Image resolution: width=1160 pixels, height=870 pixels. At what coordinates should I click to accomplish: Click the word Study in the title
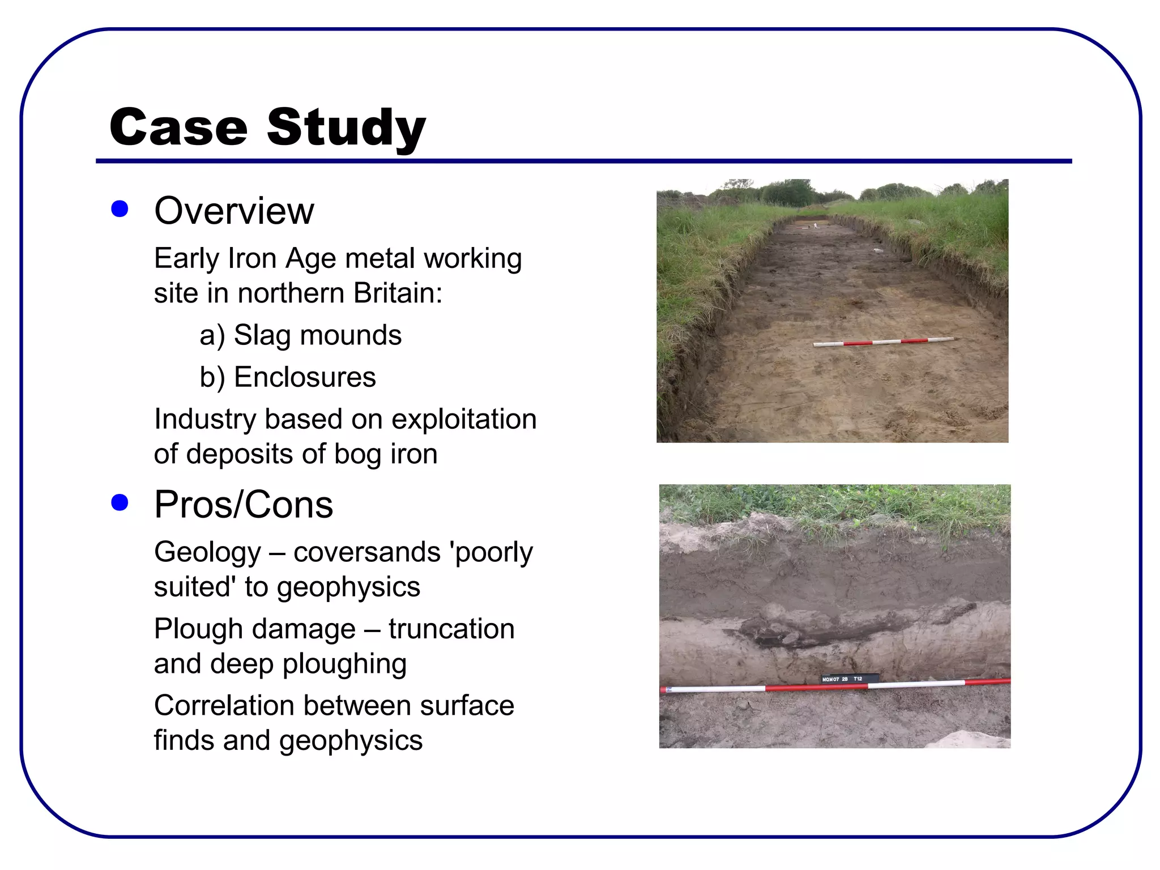[x=346, y=128]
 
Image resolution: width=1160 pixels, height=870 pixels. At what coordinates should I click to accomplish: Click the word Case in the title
[x=178, y=127]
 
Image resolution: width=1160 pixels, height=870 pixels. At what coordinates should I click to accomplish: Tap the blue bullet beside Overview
[x=120, y=209]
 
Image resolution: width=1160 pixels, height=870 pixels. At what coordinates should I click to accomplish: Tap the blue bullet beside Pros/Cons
[x=120, y=502]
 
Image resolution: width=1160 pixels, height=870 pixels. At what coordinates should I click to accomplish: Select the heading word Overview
[x=234, y=211]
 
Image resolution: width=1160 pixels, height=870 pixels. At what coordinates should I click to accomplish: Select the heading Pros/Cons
[x=244, y=505]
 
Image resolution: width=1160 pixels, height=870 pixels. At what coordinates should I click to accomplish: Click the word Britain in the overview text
[x=397, y=293]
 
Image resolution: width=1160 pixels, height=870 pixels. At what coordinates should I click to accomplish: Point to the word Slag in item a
[x=262, y=335]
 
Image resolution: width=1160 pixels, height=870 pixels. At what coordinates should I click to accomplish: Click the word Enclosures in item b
[x=305, y=377]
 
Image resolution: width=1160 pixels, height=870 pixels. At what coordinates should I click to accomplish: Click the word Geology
[x=207, y=552]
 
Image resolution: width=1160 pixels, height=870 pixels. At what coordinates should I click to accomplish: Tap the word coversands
[x=366, y=552]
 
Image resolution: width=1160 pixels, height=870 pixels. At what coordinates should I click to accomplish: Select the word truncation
[x=451, y=629]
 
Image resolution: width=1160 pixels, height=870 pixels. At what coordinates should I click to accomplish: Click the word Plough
[x=198, y=629]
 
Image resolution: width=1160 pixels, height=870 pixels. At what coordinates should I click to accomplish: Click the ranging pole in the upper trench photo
[x=884, y=342]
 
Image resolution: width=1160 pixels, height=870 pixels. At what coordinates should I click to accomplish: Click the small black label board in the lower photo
[x=849, y=678]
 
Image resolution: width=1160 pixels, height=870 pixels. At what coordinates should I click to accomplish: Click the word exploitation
[x=463, y=420]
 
